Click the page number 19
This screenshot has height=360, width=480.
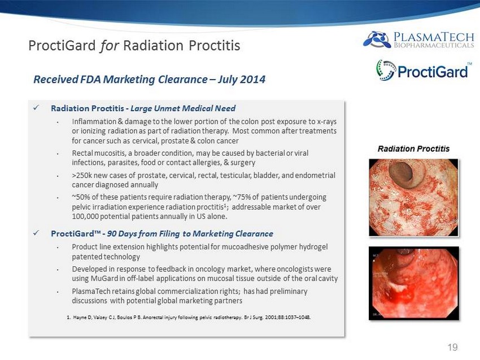click(452, 347)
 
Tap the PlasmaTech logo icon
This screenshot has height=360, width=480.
click(377, 39)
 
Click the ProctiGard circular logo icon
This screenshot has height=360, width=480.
click(386, 70)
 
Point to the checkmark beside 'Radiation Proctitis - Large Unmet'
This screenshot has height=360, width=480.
click(36, 108)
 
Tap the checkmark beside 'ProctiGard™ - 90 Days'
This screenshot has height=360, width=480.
click(36, 233)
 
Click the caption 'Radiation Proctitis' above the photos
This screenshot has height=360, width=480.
click(413, 149)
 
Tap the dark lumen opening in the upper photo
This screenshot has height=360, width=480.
click(401, 174)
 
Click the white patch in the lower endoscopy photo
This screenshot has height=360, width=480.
click(398, 288)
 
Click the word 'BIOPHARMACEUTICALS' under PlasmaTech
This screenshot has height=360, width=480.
click(434, 45)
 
